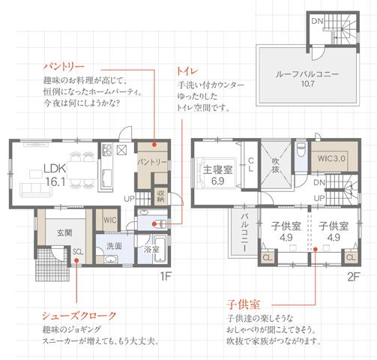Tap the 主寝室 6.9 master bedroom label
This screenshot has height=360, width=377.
218,175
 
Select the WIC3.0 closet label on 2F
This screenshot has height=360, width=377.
330,159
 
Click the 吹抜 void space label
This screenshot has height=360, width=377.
276,163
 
